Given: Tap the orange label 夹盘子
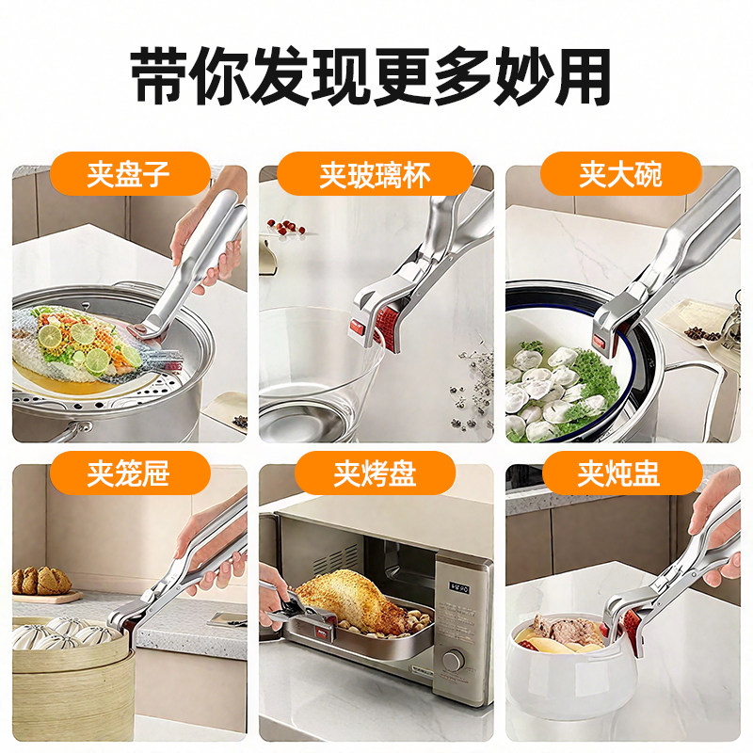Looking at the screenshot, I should pos(129,175).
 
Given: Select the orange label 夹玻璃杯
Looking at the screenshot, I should pos(375,175).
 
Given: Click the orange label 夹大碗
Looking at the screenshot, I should pos(620,175).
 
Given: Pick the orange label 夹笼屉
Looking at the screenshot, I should pos(129,473).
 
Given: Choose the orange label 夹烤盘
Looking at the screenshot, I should pos(375,473).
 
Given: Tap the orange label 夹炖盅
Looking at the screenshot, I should pos(620,473).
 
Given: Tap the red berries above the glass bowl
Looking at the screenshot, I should pos(287,229).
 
